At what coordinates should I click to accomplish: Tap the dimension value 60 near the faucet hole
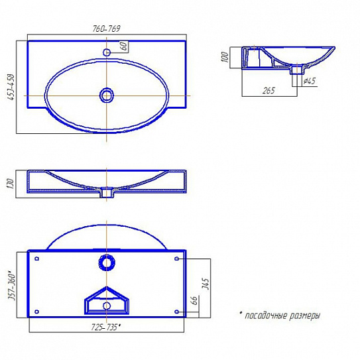point(123,46)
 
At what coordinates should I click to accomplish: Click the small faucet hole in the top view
point(107,52)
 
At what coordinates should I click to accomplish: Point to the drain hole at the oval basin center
point(107,95)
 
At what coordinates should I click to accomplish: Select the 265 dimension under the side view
point(269,91)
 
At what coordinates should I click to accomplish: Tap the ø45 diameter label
point(308,82)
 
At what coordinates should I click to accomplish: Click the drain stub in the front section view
point(106,193)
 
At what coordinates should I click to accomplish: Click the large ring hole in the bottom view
point(107,263)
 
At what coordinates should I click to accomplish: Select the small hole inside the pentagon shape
point(107,306)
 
